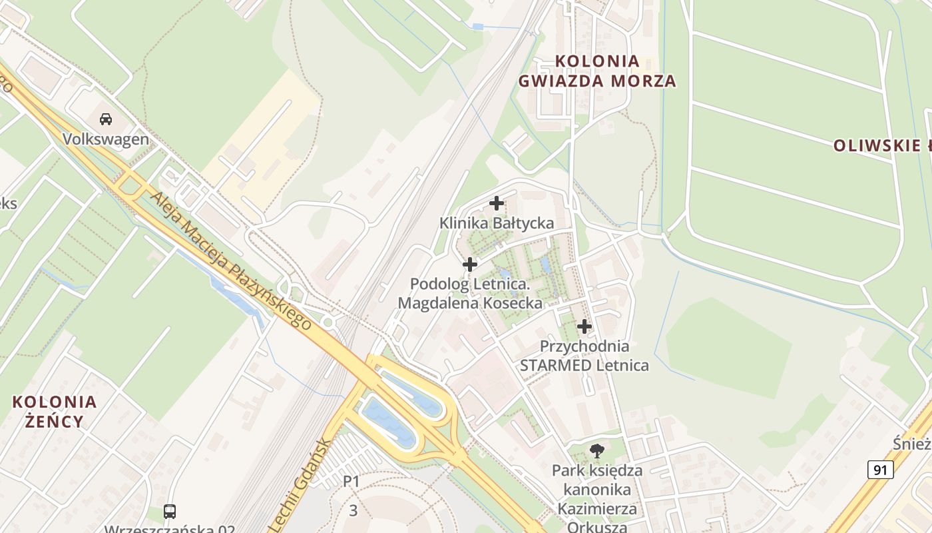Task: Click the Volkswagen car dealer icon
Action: coord(105,120)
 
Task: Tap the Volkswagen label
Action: coord(106,139)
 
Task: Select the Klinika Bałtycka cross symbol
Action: coord(497,203)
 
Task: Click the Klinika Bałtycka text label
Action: coord(497,223)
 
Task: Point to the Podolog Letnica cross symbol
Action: coord(470,265)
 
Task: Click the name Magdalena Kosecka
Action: coord(470,303)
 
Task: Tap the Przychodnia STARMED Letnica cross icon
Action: coord(584,326)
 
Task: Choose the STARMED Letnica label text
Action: coord(584,365)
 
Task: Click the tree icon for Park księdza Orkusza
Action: coord(597,451)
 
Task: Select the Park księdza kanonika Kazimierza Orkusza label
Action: coord(597,499)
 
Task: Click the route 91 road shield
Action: coord(880,470)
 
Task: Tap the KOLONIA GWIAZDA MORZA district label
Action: coord(597,71)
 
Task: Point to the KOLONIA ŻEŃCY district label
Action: coord(55,411)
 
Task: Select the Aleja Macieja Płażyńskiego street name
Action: coord(231,261)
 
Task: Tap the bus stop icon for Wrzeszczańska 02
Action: coord(170,512)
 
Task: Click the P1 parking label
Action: coord(351,480)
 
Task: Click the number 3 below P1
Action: coord(353,511)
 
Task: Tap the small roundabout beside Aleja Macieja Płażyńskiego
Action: coord(327,322)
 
